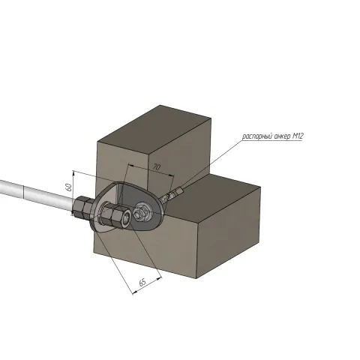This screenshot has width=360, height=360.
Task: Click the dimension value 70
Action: pos(157,167)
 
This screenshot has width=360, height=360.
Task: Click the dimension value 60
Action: pos(68,187)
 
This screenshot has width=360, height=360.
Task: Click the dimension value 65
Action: pos(142,283)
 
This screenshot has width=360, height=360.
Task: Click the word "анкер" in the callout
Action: pos(283,136)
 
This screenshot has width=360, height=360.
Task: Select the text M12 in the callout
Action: pos(298,136)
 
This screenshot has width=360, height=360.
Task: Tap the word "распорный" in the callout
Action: pos(257,136)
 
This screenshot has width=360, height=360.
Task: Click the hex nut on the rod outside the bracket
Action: pos(82,207)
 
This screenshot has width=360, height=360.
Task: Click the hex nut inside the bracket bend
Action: pos(112,214)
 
